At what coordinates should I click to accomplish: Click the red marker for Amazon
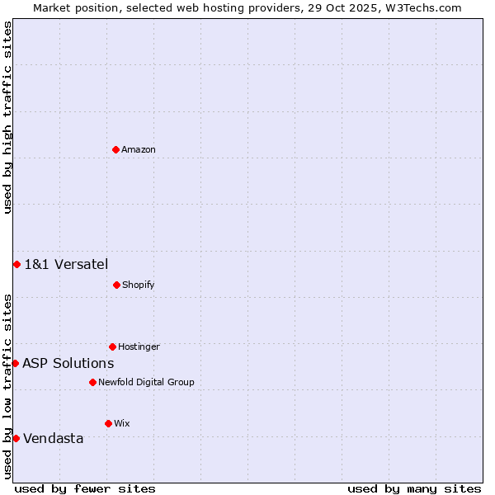click(115, 149)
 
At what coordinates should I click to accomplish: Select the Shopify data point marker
click(116, 285)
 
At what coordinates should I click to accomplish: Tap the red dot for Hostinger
click(112, 346)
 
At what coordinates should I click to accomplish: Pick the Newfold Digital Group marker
click(92, 382)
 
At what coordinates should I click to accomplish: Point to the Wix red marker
click(108, 423)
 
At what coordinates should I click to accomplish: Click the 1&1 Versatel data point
click(16, 264)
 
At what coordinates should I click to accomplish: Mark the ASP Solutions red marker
click(15, 363)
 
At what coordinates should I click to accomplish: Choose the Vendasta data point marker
click(16, 438)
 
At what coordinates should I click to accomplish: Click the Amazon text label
click(139, 150)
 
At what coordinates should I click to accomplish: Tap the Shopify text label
click(138, 285)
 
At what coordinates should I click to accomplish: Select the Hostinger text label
click(139, 347)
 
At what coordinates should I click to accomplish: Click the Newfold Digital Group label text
click(146, 383)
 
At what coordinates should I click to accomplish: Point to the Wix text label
click(122, 424)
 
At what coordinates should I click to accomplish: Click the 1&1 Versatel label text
click(66, 265)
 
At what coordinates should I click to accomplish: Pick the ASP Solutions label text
click(68, 364)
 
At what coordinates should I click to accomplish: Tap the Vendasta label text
click(53, 439)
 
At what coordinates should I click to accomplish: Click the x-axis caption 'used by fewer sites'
click(85, 488)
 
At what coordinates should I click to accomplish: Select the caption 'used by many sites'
click(414, 488)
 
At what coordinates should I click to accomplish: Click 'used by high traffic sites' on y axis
click(7, 117)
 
